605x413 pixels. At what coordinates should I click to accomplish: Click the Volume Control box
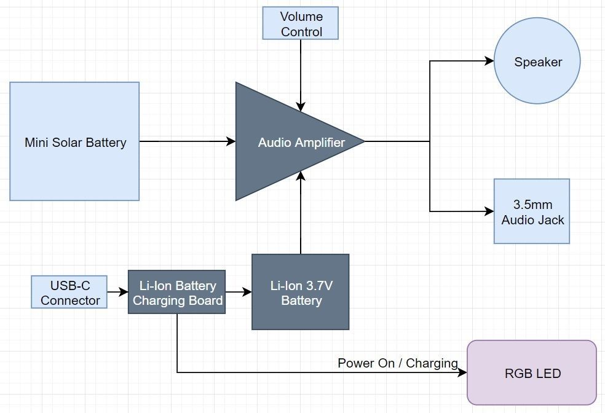pyautogui.click(x=301, y=24)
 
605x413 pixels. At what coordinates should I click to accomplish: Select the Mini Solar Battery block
pyautogui.click(x=74, y=141)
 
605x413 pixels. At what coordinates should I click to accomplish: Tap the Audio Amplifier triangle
pyautogui.click(x=289, y=142)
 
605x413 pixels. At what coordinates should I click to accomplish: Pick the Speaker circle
pyautogui.click(x=537, y=61)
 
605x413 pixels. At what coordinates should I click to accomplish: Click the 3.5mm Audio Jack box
pyautogui.click(x=532, y=211)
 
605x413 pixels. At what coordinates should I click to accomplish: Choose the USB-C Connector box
pyautogui.click(x=69, y=293)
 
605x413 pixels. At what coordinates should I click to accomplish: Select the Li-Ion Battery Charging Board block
pyautogui.click(x=176, y=293)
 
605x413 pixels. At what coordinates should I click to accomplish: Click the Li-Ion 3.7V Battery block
pyautogui.click(x=301, y=293)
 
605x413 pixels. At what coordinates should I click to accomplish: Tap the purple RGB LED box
pyautogui.click(x=532, y=372)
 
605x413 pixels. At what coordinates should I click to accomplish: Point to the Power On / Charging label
pyautogui.click(x=397, y=363)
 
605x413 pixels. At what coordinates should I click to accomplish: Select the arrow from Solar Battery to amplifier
pyautogui.click(x=188, y=141)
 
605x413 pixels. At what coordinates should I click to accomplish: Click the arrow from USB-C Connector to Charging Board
pyautogui.click(x=117, y=293)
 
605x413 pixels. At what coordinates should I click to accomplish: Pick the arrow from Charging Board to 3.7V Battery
pyautogui.click(x=239, y=293)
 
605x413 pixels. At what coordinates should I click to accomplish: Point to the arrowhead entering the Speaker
pyautogui.click(x=490, y=61)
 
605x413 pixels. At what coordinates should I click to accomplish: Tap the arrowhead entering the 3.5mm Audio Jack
pyautogui.click(x=490, y=211)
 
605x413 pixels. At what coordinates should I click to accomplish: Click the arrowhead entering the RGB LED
pyautogui.click(x=463, y=372)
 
